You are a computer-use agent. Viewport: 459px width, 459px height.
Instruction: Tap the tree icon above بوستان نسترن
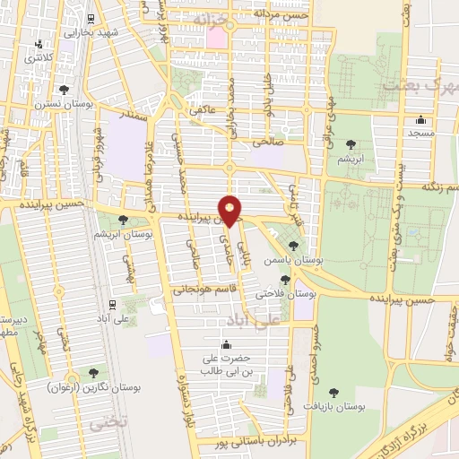coord(65,89)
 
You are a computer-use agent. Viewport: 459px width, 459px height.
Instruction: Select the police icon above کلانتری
coord(38,44)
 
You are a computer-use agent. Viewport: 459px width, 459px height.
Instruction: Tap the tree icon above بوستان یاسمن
coord(294,245)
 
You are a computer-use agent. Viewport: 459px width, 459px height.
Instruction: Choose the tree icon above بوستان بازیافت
coord(333,392)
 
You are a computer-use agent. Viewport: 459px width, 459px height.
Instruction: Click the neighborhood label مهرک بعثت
coord(420,85)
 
